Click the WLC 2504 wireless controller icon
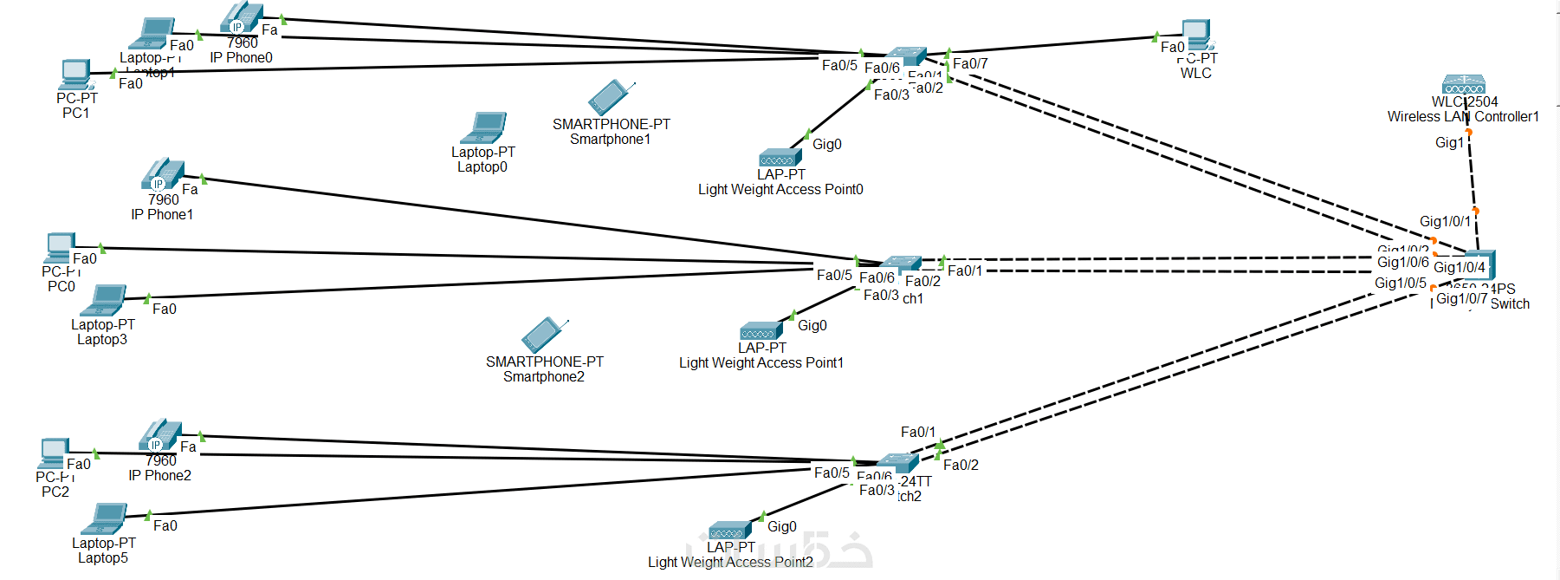1464,84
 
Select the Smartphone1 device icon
611,97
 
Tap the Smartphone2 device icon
544,335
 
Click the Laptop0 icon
484,128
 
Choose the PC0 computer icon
60,248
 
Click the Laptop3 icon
104,301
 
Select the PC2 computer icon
54,453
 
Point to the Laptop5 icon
105,519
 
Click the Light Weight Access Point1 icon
760,332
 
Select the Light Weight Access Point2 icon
729,531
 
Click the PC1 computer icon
75,75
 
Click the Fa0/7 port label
970,63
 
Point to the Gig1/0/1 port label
1445,221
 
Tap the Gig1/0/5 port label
1400,283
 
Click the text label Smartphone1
610,139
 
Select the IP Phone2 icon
160,435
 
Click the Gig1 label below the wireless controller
1449,142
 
